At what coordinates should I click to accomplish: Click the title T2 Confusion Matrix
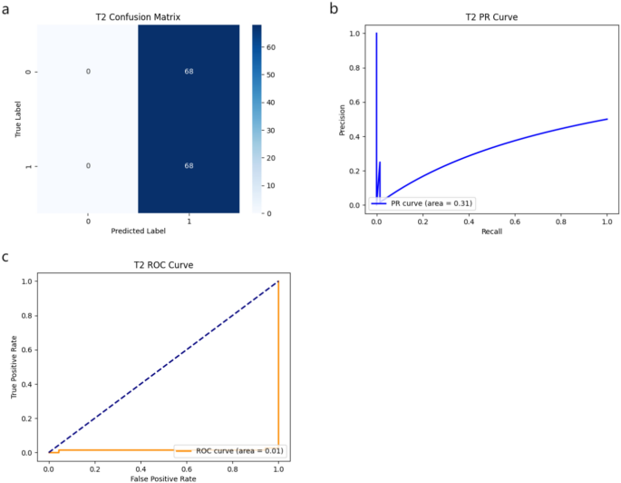click(139, 17)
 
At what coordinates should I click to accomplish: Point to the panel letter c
click(6, 256)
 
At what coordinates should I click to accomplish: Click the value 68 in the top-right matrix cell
click(189, 72)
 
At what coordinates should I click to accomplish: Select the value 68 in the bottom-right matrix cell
click(189, 165)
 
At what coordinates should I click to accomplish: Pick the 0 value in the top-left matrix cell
click(88, 72)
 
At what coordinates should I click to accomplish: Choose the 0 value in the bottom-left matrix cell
click(88, 165)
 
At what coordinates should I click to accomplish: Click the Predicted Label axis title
click(139, 232)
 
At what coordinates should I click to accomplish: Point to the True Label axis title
click(17, 119)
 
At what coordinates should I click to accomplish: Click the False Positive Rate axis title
click(163, 478)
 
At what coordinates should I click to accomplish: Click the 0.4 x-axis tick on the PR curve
click(468, 220)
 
